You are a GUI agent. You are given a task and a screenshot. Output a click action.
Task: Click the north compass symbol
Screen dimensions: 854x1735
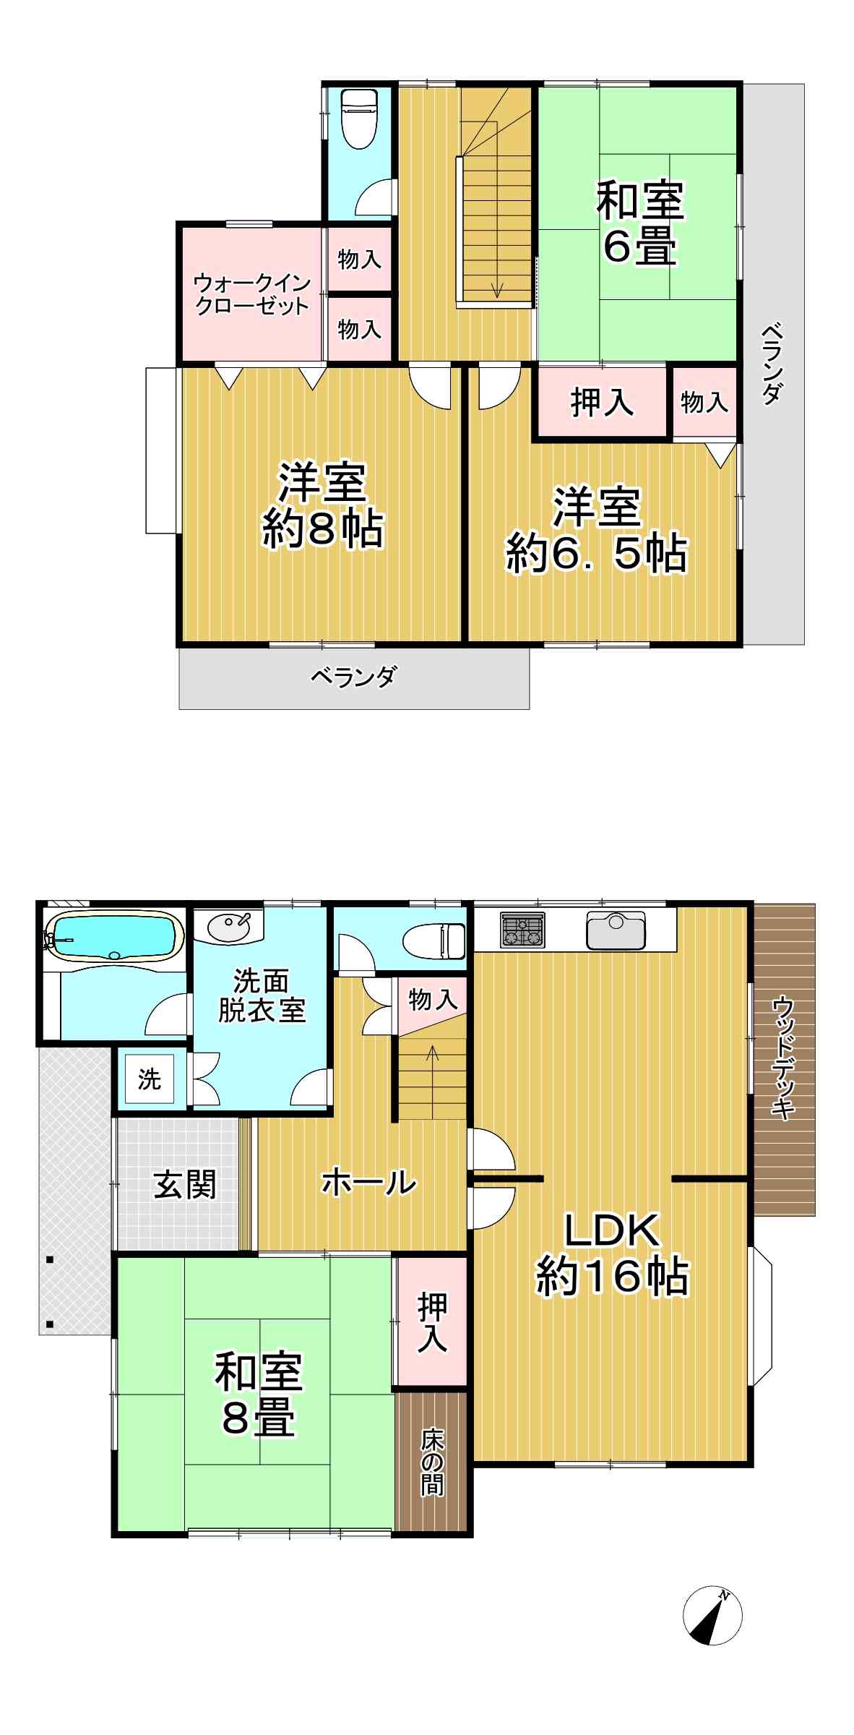click(712, 1616)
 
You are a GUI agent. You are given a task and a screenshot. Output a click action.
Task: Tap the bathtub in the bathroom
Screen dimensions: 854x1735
click(112, 937)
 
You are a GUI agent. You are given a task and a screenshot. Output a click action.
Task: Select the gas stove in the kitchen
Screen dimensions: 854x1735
click(522, 930)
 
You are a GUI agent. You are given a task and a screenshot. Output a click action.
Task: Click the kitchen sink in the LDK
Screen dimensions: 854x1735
click(616, 930)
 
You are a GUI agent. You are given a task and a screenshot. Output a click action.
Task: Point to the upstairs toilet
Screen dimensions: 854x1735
click(359, 119)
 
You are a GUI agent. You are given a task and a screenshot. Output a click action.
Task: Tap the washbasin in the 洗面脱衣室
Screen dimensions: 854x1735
click(228, 926)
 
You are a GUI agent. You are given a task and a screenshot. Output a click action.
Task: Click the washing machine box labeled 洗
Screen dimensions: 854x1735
click(150, 1079)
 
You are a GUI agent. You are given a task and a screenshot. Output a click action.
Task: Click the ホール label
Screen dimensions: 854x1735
click(368, 1183)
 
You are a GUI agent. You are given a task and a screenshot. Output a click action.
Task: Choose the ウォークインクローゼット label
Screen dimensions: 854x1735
click(251, 294)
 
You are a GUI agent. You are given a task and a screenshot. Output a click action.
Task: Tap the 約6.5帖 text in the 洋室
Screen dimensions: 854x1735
click(597, 554)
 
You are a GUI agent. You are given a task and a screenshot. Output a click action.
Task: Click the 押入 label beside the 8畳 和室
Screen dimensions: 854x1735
click(432, 1323)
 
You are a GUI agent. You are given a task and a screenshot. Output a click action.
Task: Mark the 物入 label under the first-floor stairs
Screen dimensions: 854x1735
click(433, 1000)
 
